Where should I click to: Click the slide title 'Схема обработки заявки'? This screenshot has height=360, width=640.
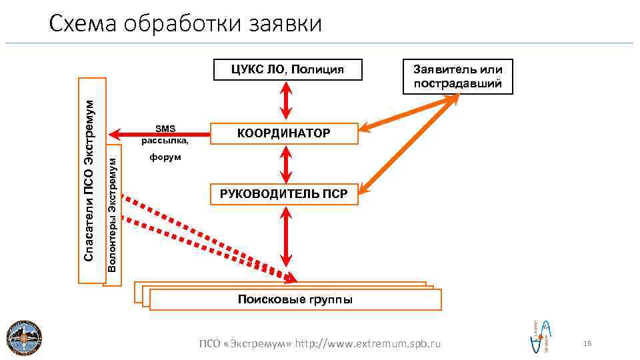tap(185, 25)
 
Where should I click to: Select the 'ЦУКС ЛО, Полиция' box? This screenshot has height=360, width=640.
tap(287, 69)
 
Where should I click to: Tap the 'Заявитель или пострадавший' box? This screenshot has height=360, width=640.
tap(458, 77)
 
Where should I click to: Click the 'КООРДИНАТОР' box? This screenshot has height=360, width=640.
tap(283, 133)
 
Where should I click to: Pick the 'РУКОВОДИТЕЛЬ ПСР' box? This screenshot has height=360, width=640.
tap(283, 194)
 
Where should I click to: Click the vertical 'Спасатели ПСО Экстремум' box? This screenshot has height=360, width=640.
tap(91, 180)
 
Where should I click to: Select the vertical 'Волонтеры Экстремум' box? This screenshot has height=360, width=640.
tap(113, 213)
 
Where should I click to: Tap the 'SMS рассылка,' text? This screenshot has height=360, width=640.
tap(165, 134)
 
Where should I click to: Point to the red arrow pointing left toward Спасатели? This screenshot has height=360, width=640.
tap(130, 131)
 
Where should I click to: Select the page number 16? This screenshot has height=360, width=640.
tap(587, 343)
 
